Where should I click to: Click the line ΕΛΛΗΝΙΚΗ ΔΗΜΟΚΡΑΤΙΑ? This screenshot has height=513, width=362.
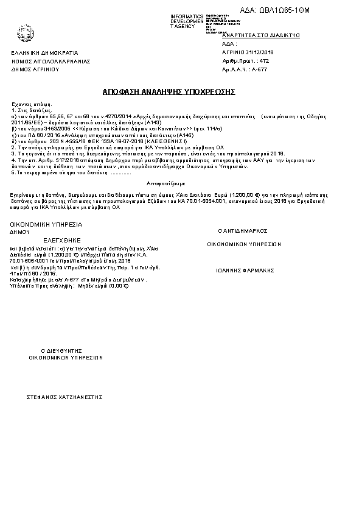coord(45,53)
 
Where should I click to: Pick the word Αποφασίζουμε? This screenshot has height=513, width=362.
coord(166,183)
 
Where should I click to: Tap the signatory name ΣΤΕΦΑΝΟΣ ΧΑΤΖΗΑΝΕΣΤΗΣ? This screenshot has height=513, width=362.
coord(63,396)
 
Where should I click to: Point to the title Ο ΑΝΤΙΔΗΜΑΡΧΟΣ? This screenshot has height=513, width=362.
coord(243,232)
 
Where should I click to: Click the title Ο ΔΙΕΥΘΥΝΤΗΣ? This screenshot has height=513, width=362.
coord(61,352)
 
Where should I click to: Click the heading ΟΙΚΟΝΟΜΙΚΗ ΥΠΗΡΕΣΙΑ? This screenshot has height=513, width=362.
coord(46,224)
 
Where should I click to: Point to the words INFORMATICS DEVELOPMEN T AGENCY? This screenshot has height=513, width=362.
coord(187,21)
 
